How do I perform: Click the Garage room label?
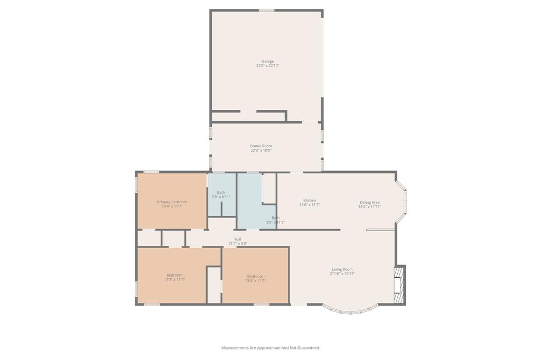267,61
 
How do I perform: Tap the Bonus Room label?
261,146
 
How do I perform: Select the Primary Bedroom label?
172,202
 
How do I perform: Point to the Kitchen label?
310,201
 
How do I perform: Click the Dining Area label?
370,202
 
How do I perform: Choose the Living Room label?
342,269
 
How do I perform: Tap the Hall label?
238,239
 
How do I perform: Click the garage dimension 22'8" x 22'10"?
267,66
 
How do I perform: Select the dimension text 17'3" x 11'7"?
174,280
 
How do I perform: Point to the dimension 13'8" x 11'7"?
255,281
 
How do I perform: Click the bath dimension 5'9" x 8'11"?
221,197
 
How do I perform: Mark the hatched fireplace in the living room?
400,285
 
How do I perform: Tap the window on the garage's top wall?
266,10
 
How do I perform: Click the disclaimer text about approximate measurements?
270,348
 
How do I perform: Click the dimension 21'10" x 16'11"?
342,274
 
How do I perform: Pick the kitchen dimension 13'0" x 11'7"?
310,205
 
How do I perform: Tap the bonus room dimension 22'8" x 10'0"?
261,150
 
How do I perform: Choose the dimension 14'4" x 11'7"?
172,206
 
